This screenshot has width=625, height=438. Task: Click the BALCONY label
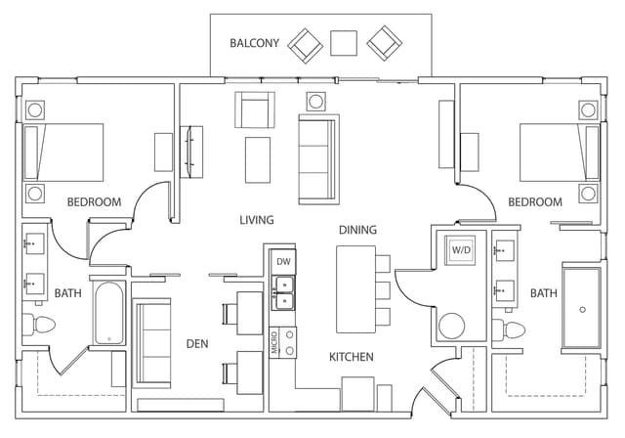pyautogui.click(x=254, y=43)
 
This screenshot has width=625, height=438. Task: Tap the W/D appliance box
pyautogui.click(x=460, y=250)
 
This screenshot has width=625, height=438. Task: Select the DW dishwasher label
pyautogui.click(x=283, y=262)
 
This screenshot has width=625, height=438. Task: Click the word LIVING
pyautogui.click(x=257, y=220)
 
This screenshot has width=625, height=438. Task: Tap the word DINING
pyautogui.click(x=357, y=230)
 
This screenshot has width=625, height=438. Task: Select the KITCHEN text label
pyautogui.click(x=351, y=357)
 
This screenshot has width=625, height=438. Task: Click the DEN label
pyautogui.click(x=198, y=343)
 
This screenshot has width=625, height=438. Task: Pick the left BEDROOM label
pyautogui.click(x=94, y=202)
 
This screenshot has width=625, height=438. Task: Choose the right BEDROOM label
pyautogui.click(x=535, y=202)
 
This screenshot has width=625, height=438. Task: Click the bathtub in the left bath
pyautogui.click(x=107, y=313)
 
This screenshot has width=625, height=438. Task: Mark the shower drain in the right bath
pyautogui.click(x=582, y=309)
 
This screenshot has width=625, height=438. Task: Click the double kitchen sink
pyautogui.click(x=284, y=292)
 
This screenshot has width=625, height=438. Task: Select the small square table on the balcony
pyautogui.click(x=343, y=43)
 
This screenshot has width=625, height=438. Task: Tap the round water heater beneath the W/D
pyautogui.click(x=452, y=326)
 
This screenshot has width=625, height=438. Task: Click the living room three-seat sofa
pyautogui.click(x=318, y=159)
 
